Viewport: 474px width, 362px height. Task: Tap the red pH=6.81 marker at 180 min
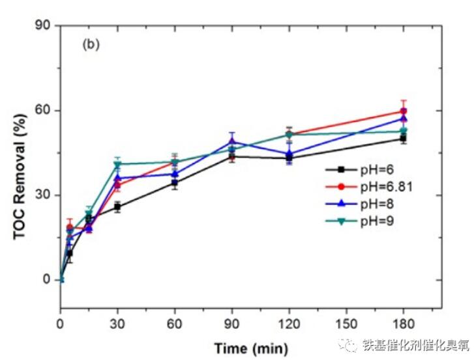pyautogui.click(x=404, y=111)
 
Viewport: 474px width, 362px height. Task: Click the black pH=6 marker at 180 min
pyautogui.click(x=404, y=138)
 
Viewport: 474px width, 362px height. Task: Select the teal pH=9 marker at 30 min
pyautogui.click(x=117, y=164)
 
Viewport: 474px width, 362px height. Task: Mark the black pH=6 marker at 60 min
pyautogui.click(x=175, y=182)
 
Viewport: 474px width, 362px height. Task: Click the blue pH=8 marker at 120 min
pyautogui.click(x=289, y=154)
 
